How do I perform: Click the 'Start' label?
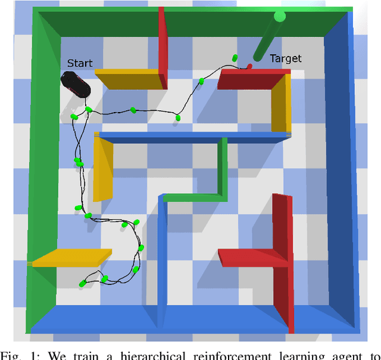coord(80,63)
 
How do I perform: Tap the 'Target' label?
coord(286,58)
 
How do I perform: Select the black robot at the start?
coord(77,84)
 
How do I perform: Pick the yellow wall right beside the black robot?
coord(129,79)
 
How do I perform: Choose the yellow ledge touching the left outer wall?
coord(71,257)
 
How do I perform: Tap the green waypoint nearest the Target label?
coord(235,58)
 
